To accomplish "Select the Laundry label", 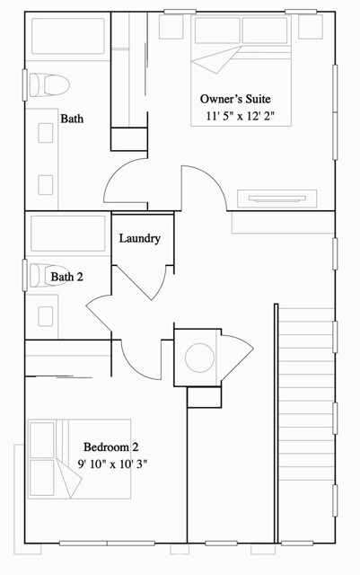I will pos(140,238).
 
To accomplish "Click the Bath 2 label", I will pos(66,277).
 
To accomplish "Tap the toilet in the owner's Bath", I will pos(48,85).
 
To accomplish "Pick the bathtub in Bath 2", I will pos(68,234).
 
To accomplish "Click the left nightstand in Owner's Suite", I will pos(171,27).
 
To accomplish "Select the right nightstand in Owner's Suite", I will pos(310,27).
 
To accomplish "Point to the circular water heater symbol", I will pos(198,358).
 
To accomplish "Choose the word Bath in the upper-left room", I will pos(72,118).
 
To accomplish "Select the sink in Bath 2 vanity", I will pos(44,315).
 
